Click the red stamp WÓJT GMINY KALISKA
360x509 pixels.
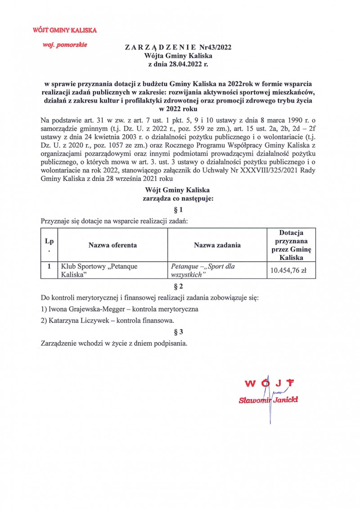[65, 31]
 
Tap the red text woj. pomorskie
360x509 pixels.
[64, 45]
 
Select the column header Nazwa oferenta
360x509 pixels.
[112, 245]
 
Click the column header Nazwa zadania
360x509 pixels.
[217, 245]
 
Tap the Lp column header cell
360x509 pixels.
[49, 245]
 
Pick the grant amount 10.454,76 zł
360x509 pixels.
[291, 270]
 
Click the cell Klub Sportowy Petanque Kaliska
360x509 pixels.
[99, 270]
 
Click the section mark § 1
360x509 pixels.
[178, 210]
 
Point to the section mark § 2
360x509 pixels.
[178, 286]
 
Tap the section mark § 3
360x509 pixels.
[178, 332]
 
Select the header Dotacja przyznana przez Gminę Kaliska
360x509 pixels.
[291, 245]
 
